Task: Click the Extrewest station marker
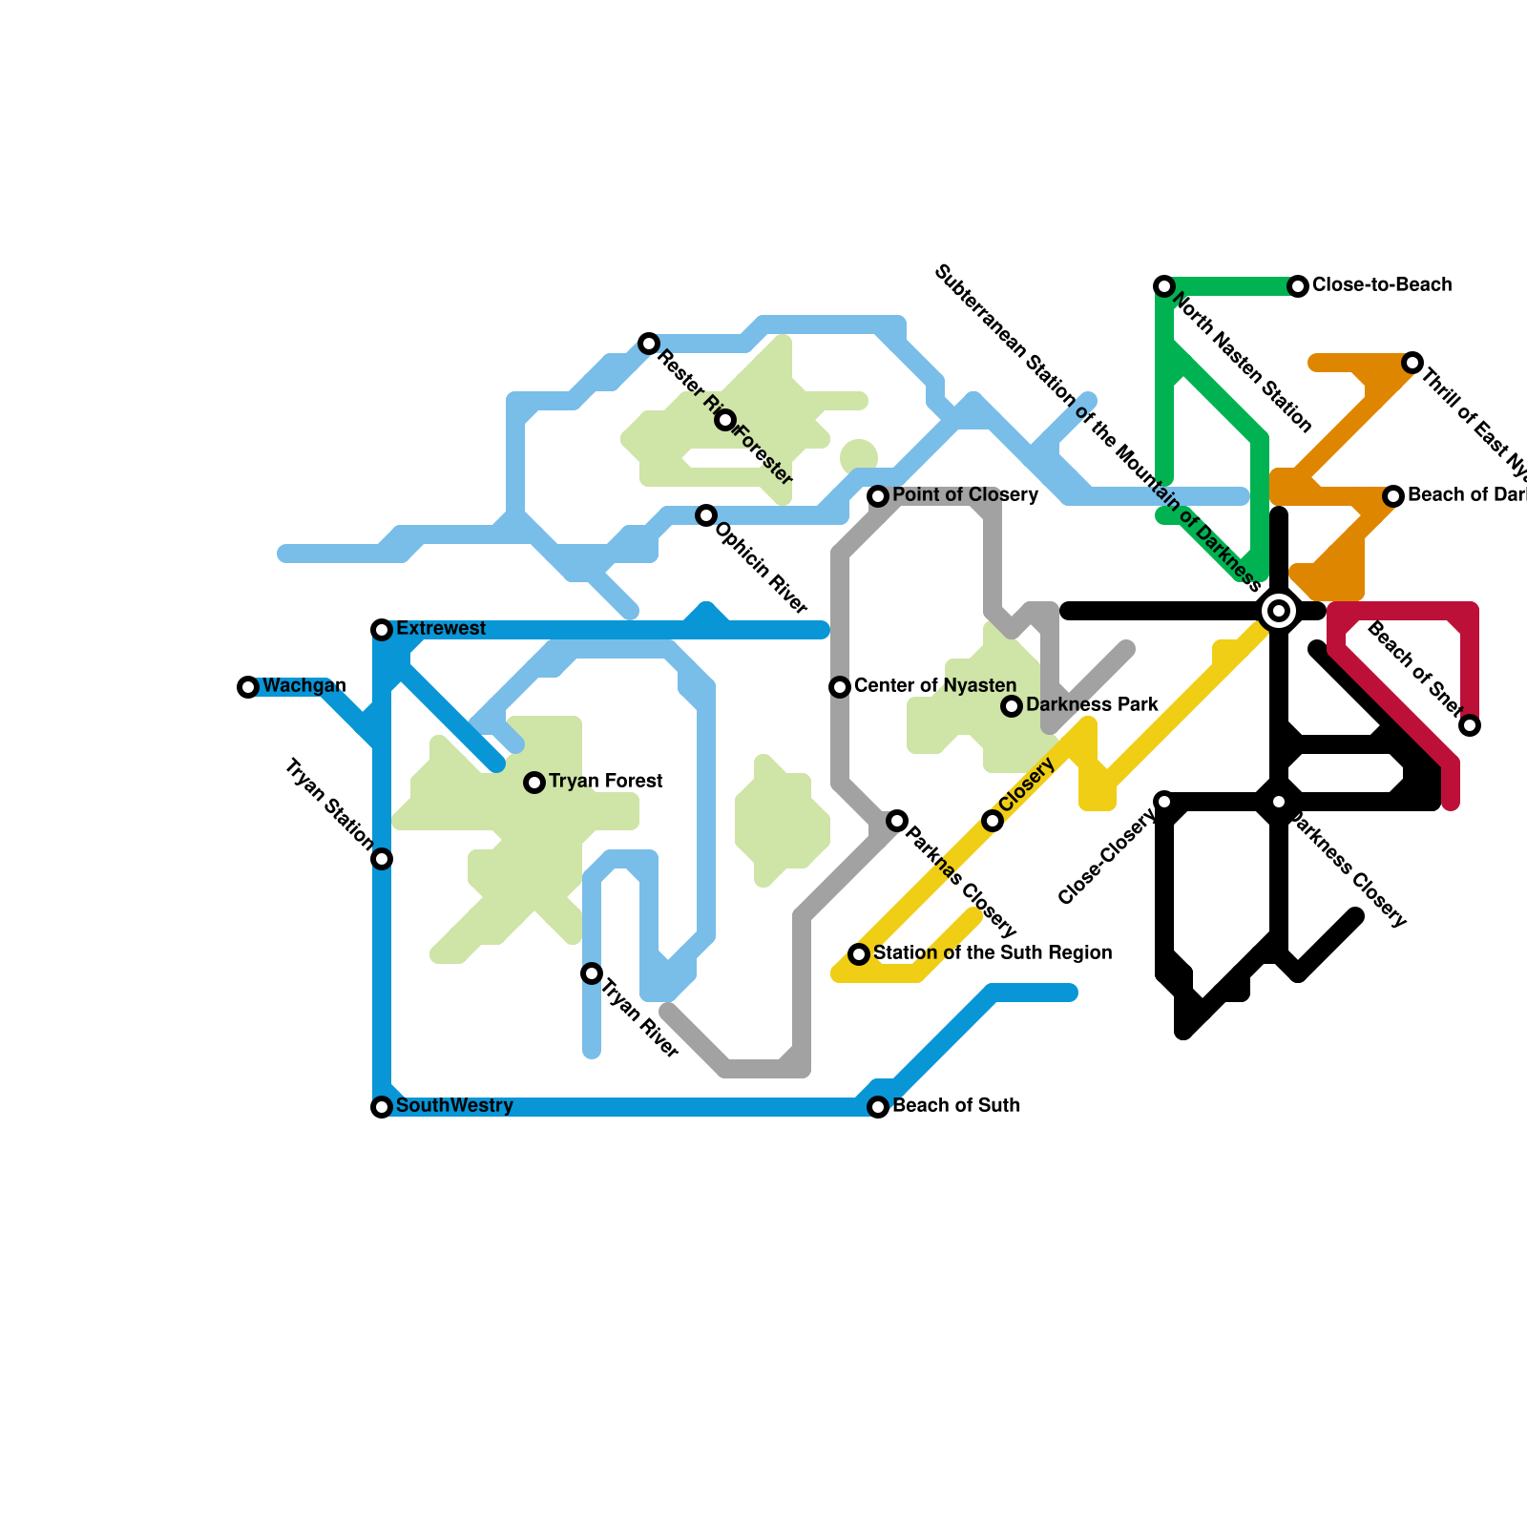click(x=382, y=630)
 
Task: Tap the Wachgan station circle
click(x=248, y=687)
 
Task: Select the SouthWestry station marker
click(x=382, y=1107)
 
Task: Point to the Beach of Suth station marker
click(x=878, y=1107)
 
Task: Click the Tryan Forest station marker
click(x=534, y=783)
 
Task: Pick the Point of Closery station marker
click(x=878, y=496)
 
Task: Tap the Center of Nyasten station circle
click(x=840, y=687)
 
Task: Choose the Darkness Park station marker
click(x=1012, y=706)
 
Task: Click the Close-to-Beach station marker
click(x=1298, y=286)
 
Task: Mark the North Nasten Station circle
click(x=1164, y=286)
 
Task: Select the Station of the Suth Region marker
click(x=859, y=954)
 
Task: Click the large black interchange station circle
click(x=1279, y=611)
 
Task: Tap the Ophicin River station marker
click(x=706, y=515)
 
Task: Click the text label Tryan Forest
click(x=605, y=782)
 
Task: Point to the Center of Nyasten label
click(x=935, y=686)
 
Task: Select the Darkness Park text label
click(x=1092, y=705)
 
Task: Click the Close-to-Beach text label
click(x=1382, y=285)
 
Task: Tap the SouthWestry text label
click(x=454, y=1106)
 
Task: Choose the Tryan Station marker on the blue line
click(x=382, y=859)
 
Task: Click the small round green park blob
click(x=859, y=457)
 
